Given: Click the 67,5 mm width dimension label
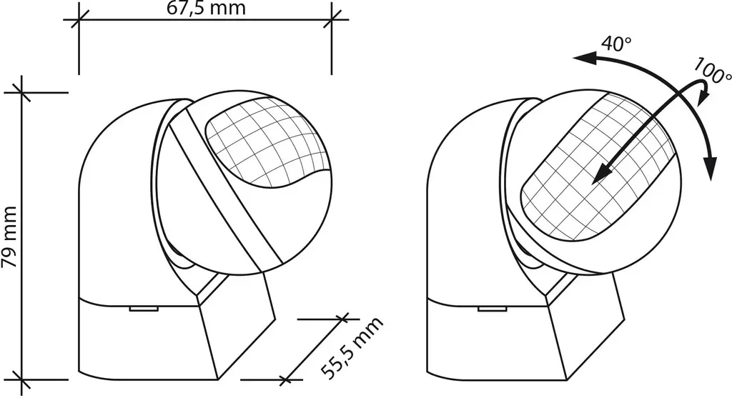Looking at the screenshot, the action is pos(206,8).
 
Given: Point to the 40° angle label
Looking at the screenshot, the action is pos(616,44).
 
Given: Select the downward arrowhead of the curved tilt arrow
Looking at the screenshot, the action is pos(710,169).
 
